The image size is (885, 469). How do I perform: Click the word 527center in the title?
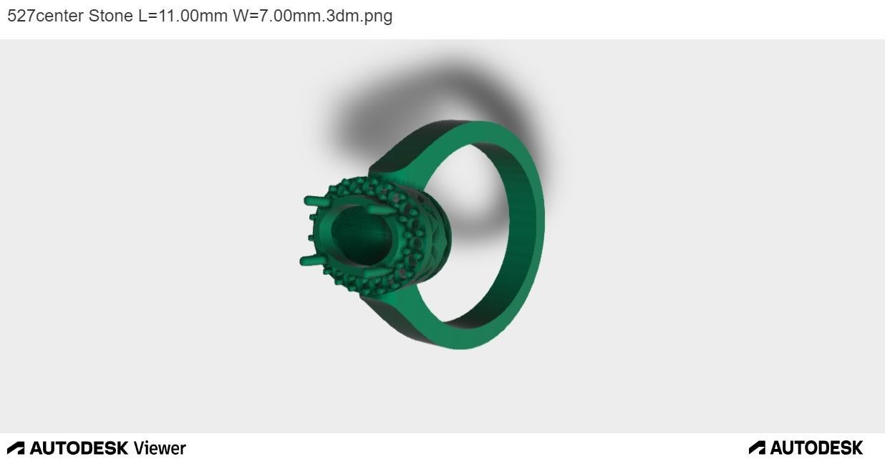(45, 16)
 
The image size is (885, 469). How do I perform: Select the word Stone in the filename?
(110, 16)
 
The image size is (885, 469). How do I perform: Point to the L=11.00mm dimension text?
(183, 16)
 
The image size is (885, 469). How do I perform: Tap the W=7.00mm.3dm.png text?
(312, 16)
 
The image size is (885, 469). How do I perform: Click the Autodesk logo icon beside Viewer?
(16, 448)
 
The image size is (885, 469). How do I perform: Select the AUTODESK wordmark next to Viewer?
(79, 448)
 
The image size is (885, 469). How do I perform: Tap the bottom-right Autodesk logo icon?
(757, 448)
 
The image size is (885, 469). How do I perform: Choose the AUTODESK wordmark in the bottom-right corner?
(816, 448)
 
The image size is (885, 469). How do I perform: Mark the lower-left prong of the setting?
(309, 260)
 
